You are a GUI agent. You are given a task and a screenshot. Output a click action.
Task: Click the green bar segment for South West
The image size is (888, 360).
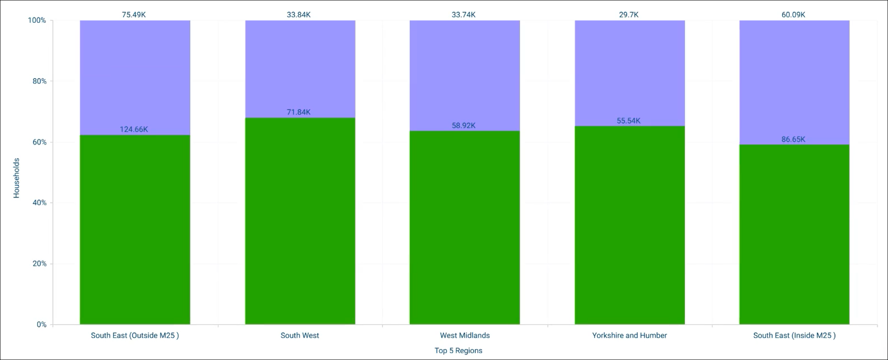[300, 221]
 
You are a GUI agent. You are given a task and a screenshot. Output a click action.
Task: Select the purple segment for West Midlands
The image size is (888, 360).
[465, 76]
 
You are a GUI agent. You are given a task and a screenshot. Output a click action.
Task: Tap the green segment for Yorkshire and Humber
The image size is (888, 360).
[630, 225]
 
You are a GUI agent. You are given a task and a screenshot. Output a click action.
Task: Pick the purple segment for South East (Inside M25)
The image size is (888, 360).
[794, 82]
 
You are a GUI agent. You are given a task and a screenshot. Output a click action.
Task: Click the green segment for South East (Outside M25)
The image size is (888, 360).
[135, 230]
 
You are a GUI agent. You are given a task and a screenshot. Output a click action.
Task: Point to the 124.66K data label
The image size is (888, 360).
[134, 130]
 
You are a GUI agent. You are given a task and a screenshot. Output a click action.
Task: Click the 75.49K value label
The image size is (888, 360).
[134, 15]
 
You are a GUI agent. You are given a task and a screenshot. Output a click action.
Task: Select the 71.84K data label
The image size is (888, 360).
[299, 112]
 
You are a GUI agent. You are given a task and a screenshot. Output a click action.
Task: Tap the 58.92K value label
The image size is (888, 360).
[463, 126]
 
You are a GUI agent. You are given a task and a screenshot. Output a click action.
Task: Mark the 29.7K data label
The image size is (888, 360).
[629, 15]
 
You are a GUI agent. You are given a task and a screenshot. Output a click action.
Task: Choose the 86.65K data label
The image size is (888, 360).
[793, 140]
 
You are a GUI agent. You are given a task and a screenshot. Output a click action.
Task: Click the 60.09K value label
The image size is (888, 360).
[793, 15]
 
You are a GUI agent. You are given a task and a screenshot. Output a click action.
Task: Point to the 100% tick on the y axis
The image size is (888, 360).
[37, 20]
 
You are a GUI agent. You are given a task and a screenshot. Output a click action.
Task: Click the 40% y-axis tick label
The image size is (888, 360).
[40, 203]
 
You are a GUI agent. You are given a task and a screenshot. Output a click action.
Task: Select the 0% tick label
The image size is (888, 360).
[41, 325]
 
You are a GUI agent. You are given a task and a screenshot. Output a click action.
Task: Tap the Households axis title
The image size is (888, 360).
[16, 178]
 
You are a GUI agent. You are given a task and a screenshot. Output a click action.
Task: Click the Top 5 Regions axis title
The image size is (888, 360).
[458, 351]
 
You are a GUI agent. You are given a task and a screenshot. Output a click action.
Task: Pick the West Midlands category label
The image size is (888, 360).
[465, 336]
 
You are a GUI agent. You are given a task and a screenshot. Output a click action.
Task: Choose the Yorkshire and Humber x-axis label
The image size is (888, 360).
[630, 336]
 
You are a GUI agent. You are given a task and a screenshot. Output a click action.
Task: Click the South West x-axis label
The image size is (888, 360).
[300, 336]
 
